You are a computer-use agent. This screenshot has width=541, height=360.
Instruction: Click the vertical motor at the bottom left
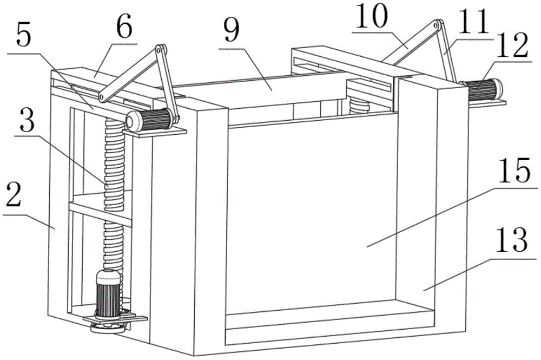coord(107,296)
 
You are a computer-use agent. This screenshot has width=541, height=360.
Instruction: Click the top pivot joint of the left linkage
coord(160,50)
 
